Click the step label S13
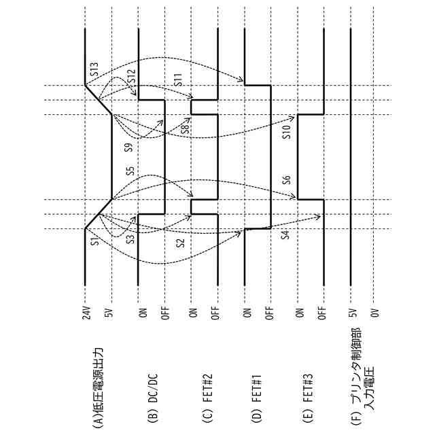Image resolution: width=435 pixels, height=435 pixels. pos(94,68)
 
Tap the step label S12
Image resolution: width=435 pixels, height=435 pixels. pos(132,77)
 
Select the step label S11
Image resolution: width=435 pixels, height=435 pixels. pos(178,78)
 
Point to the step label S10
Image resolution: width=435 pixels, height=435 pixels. pos(287,132)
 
